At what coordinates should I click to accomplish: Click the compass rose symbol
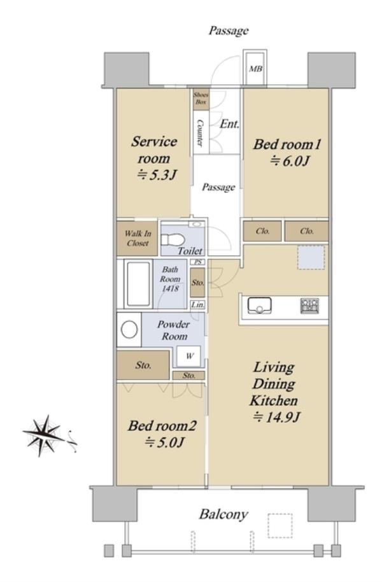coord(44,435)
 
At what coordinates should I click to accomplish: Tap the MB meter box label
coord(255,69)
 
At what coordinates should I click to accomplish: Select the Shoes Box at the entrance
coord(201,99)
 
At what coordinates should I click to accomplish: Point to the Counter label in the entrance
coord(200,132)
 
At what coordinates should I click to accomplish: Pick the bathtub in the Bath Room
coord(138,283)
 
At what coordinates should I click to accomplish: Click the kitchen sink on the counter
coord(260,306)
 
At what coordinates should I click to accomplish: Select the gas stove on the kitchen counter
coord(309,306)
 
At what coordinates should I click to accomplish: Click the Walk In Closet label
coord(138,238)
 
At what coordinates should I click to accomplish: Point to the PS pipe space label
coord(198,262)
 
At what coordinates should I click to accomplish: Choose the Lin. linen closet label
coord(198,305)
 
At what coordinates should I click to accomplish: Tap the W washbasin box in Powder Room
coord(189,356)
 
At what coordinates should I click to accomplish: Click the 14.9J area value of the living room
coord(276,417)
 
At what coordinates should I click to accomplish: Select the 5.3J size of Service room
coord(157,174)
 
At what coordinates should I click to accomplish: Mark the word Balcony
coord(223,515)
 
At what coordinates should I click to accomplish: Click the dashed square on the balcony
coord(280,525)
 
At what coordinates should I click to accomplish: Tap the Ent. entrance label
coord(229,124)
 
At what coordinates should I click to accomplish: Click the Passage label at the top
coord(229,31)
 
